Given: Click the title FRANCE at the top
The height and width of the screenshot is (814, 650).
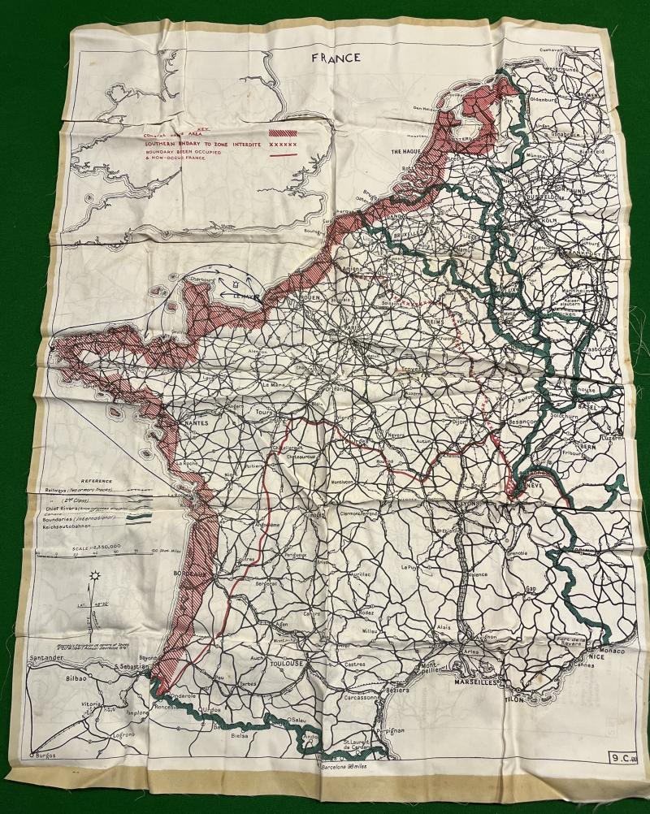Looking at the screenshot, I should coord(340,58).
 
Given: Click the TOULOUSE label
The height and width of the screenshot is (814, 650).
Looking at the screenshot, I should coord(284,663).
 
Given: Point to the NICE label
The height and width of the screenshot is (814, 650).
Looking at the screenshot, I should coord(596,660).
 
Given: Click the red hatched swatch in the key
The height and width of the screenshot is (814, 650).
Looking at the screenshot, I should coord(282,132).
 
